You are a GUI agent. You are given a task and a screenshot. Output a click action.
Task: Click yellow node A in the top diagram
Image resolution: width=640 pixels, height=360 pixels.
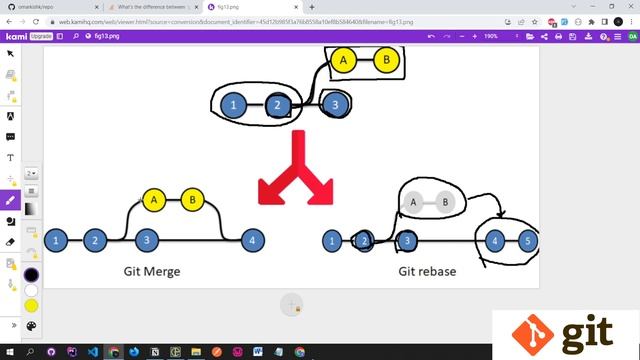tap(343, 61)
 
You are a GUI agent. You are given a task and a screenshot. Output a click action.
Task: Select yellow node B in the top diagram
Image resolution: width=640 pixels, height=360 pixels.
tap(385, 61)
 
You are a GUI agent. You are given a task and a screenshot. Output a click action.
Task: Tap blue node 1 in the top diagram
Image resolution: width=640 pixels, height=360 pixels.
tap(233, 104)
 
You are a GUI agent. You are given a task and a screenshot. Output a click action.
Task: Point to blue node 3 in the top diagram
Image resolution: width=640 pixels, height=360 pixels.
tap(337, 103)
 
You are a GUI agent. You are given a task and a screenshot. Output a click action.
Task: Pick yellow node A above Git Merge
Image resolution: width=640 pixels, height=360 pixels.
tap(154, 200)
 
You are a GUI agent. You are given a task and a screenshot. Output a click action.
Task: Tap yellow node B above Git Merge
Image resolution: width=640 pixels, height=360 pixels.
tap(193, 200)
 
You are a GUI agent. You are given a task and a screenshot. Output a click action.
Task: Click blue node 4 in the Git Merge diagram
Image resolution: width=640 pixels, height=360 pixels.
tap(254, 240)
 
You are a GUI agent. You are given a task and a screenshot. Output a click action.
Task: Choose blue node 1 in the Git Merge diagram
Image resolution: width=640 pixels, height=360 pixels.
tap(57, 240)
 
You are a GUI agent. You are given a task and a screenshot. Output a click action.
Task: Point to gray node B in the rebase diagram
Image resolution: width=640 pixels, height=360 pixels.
tap(444, 203)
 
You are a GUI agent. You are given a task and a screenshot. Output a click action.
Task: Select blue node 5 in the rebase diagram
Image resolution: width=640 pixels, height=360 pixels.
tap(527, 241)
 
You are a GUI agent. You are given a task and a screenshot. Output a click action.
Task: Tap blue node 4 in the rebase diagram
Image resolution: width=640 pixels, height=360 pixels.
tap(494, 241)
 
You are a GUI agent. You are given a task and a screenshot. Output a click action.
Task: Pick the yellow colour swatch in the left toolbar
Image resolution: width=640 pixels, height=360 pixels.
tap(30, 304)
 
